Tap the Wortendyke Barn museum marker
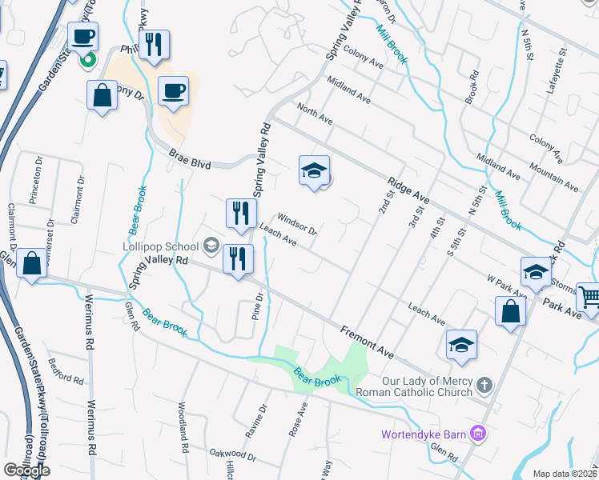[479, 434]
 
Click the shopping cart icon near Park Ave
[589, 297]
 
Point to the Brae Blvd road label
[191, 162]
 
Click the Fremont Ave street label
[366, 342]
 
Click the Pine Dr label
[259, 308]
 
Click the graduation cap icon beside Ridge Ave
[314, 170]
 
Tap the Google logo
[26, 470]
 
